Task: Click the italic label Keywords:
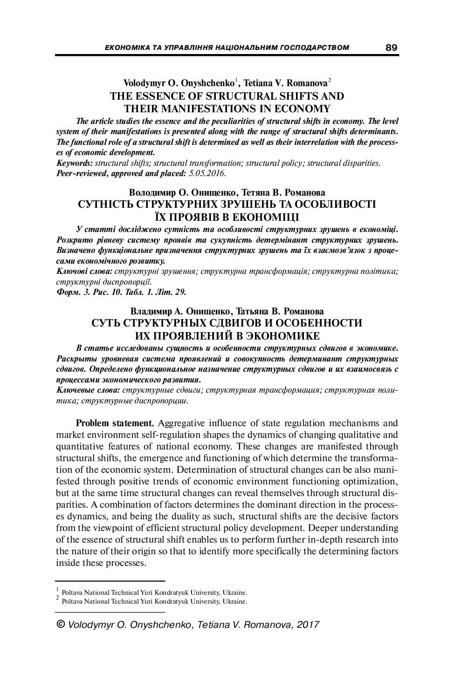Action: pos(75,163)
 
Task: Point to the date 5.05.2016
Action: pos(207,173)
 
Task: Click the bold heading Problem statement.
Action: pos(115,423)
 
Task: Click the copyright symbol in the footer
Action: pos(61,624)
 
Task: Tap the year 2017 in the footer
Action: pos(308,625)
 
